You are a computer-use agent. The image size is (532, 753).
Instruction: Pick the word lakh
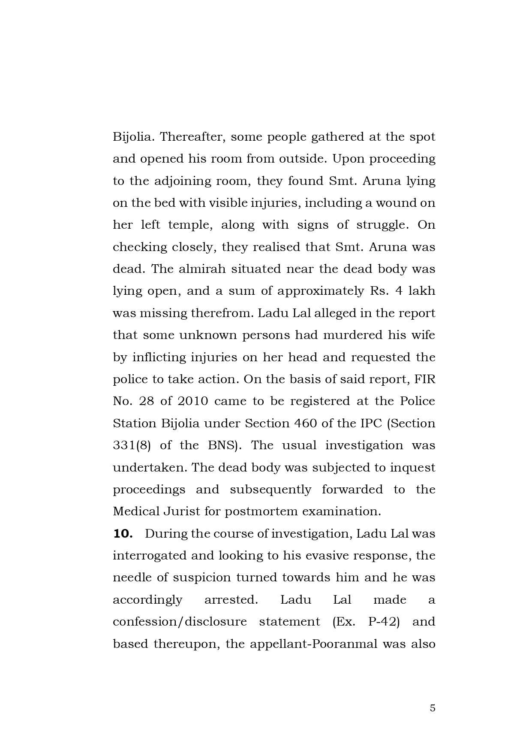(421, 291)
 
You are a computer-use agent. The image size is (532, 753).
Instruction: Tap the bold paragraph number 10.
(123, 533)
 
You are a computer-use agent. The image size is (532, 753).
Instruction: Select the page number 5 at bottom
(432, 708)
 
